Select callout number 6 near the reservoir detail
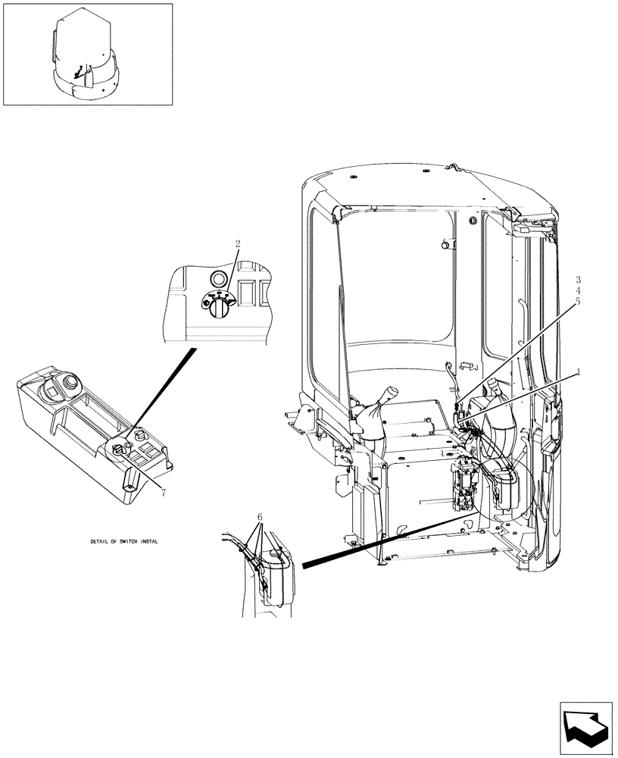tap(260, 517)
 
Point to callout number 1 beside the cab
tap(579, 372)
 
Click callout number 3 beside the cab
tap(578, 280)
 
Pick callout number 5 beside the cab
tap(578, 301)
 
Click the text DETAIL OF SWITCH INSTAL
tap(123, 543)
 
